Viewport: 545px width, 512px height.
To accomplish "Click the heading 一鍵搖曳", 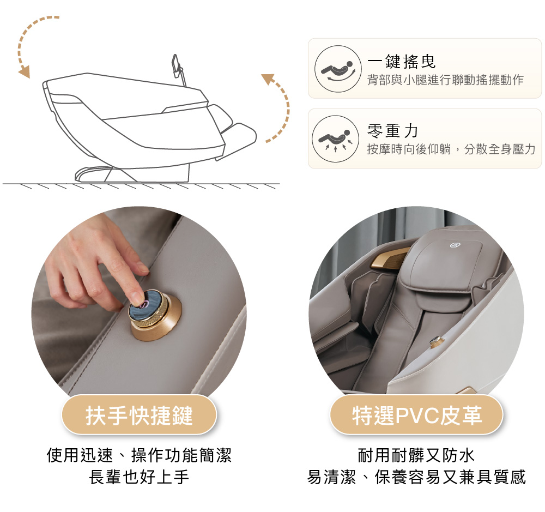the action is [x=402, y=62].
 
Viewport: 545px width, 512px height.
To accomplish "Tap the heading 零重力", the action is [x=392, y=131].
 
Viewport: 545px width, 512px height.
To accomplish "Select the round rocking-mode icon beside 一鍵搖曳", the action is [x=338, y=69].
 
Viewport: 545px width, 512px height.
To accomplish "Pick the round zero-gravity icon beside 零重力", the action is [x=335, y=139].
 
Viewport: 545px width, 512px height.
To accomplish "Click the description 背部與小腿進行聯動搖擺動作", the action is [x=446, y=80].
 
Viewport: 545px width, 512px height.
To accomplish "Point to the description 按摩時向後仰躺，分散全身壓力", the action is [x=451, y=149].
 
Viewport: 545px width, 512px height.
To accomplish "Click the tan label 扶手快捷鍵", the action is [x=139, y=415].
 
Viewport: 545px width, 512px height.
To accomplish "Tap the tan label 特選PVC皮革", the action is [x=417, y=415].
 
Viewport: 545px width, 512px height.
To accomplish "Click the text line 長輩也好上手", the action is [x=139, y=477].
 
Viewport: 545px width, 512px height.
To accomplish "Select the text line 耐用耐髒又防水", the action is [x=416, y=455].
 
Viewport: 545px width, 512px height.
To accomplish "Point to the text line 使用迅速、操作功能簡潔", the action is [x=139, y=455].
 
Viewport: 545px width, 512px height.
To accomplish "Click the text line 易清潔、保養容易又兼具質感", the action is [x=416, y=477].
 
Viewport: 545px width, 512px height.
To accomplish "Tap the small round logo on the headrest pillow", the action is [x=454, y=245].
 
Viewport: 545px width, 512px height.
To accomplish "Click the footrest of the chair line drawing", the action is [x=237, y=140].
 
